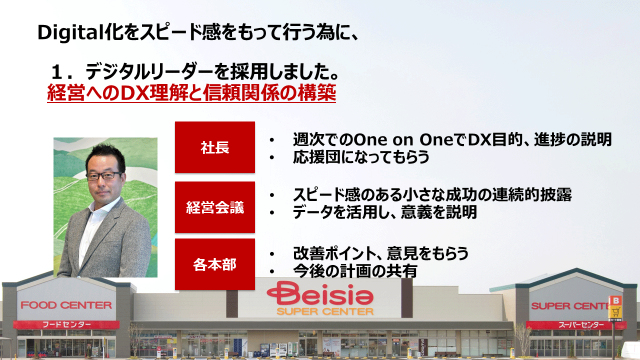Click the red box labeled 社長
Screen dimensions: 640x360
click(215, 147)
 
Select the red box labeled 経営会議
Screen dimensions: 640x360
click(215, 207)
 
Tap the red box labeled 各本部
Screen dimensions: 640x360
click(215, 264)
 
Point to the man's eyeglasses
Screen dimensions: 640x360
click(104, 175)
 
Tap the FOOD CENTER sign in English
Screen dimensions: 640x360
click(66, 305)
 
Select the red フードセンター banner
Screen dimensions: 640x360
click(66, 324)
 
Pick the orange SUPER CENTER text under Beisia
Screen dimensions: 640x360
click(325, 311)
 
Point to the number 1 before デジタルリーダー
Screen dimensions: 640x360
click(57, 72)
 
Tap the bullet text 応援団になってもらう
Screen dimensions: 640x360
click(361, 156)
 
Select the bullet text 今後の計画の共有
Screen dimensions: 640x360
click(355, 270)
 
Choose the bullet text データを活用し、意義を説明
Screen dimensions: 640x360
click(385, 212)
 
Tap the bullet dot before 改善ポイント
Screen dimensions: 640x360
click(271, 254)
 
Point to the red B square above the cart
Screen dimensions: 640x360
click(615, 300)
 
